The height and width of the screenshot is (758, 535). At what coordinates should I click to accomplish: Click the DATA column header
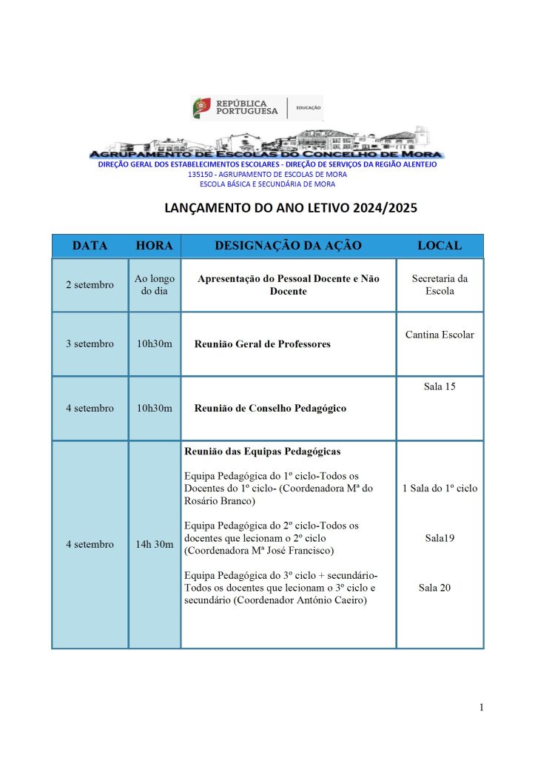coord(90,246)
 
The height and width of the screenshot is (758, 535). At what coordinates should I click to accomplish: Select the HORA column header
coord(154,246)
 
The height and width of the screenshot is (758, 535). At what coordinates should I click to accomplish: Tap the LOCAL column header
coord(440,246)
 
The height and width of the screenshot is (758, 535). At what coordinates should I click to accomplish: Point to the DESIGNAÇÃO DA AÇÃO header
coord(289,246)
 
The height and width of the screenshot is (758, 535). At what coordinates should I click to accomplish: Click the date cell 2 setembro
coord(90,285)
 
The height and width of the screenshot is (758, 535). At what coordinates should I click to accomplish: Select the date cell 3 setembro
coord(90,343)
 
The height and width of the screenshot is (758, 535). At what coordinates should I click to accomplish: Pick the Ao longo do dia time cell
coord(154,285)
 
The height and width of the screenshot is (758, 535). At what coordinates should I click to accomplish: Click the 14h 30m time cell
coord(154,544)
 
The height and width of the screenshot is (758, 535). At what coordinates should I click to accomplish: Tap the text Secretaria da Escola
coord(440,285)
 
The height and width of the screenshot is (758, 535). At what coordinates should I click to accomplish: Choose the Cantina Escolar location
coord(440,335)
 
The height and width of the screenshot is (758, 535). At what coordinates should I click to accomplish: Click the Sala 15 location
coord(440,386)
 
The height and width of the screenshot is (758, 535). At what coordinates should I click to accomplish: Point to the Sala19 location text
coord(440,538)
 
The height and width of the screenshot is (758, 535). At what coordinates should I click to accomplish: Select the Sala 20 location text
coord(434,588)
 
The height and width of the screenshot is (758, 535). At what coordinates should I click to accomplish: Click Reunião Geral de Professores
coord(262,344)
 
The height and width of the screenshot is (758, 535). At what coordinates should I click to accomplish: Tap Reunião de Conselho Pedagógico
coord(270,408)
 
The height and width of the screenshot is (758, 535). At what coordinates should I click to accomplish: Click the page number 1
coord(481,708)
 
